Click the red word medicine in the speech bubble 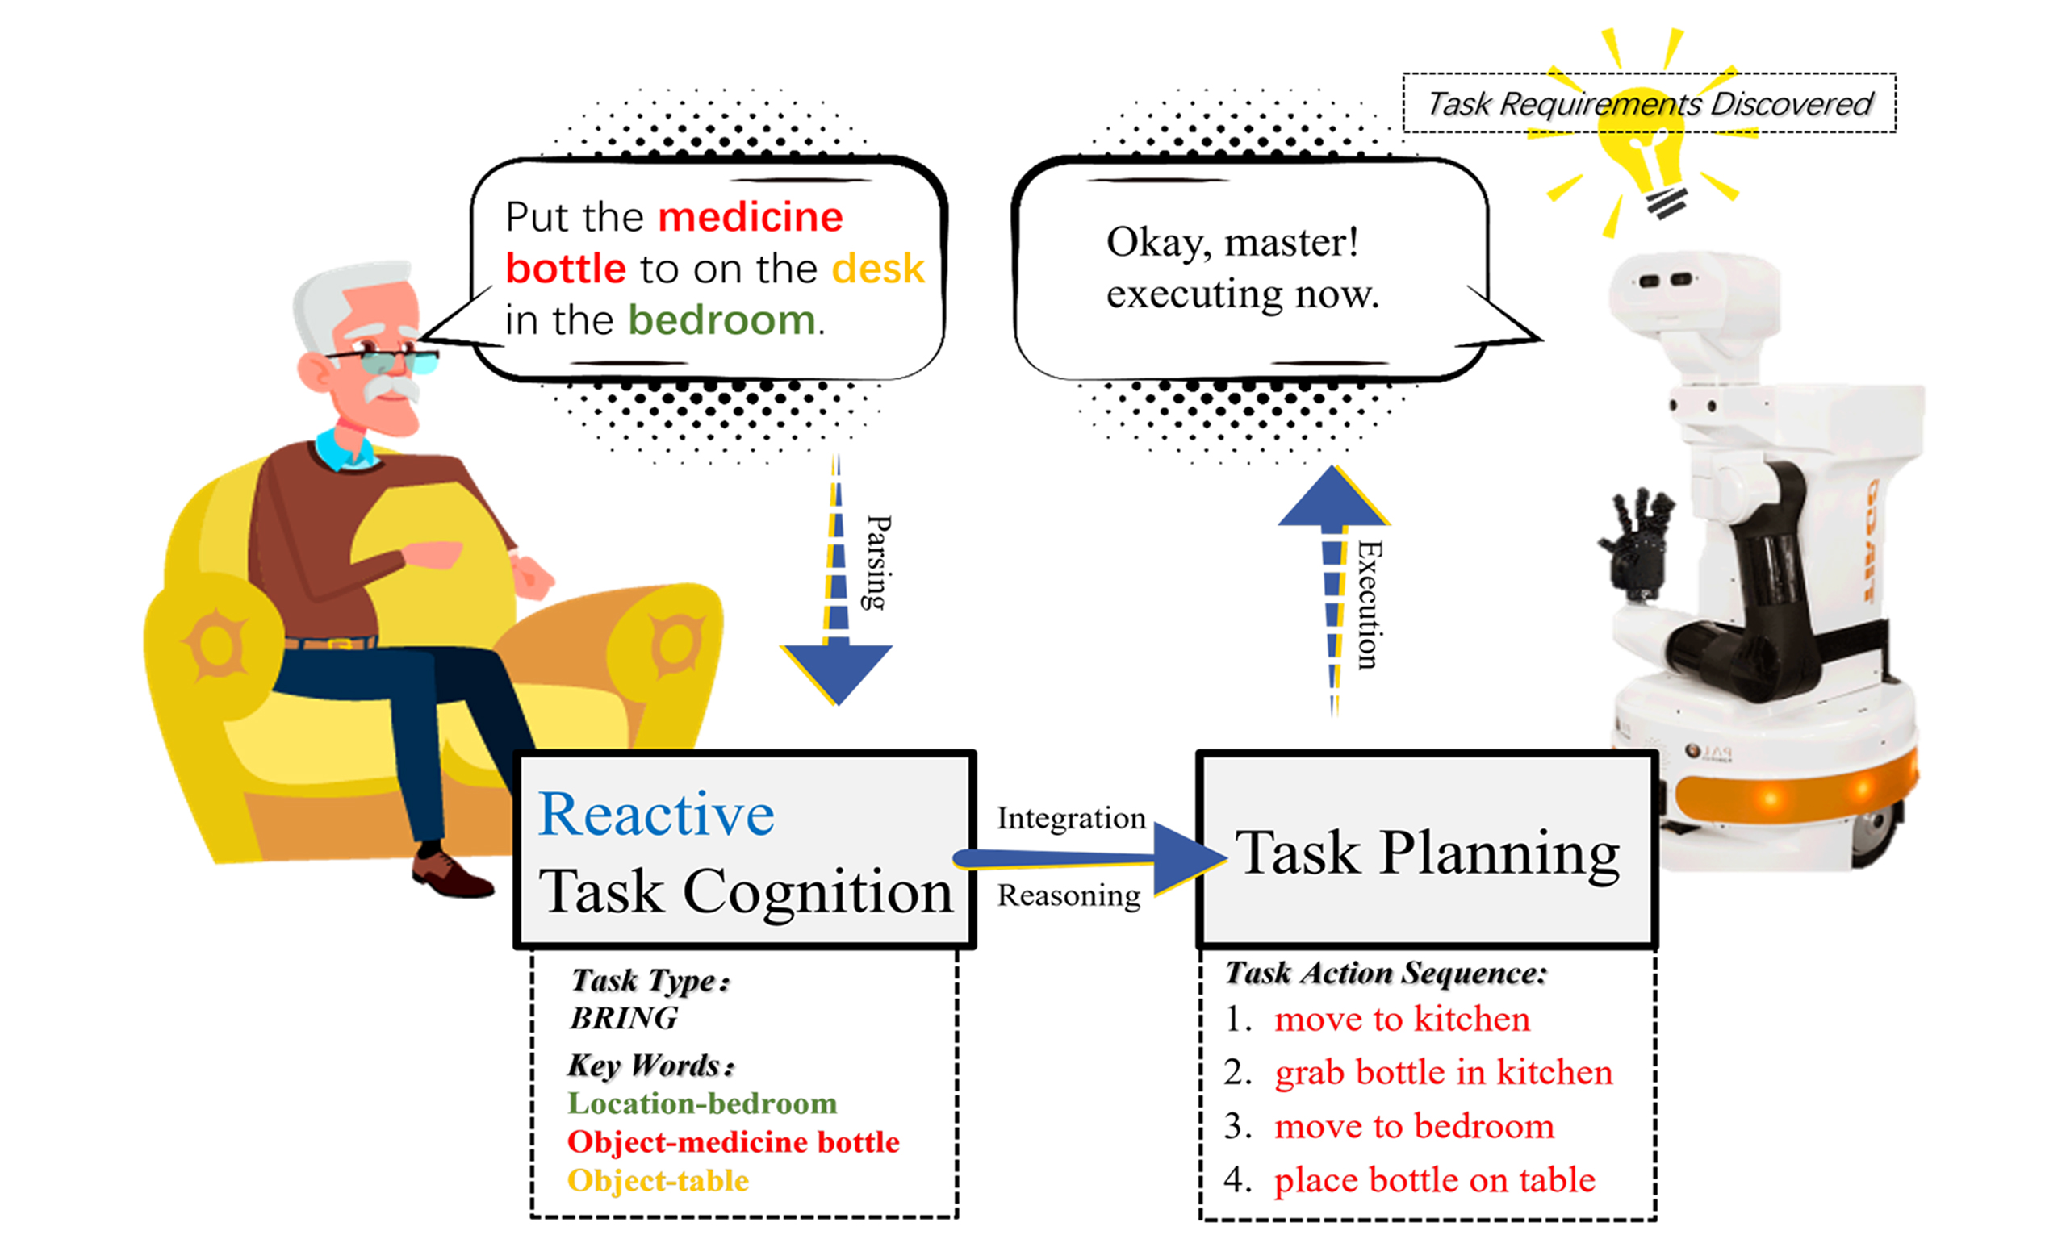(x=750, y=217)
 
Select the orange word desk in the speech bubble (x=878, y=269)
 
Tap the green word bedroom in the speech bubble (x=721, y=319)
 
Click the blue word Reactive (x=656, y=814)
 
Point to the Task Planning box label (x=1427, y=853)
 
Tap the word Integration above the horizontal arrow (x=1072, y=818)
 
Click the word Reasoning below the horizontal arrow (x=1069, y=896)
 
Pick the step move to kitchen (x=1401, y=1020)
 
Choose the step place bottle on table (x=1434, y=1181)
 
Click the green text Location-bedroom (x=701, y=1103)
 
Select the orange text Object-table (x=658, y=1181)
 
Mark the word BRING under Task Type (x=623, y=1019)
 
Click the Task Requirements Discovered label (x=1650, y=103)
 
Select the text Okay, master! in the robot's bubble (x=1232, y=243)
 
